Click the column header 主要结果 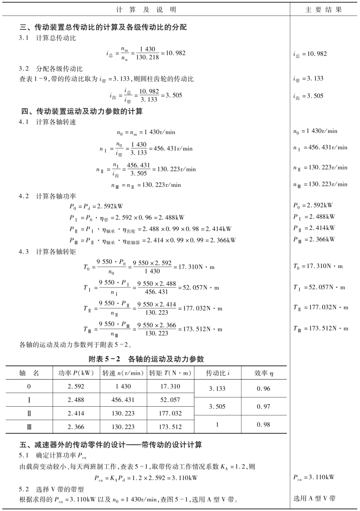pos(324,9)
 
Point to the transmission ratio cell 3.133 pos(217,388)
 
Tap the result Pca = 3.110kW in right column pos(315,478)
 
